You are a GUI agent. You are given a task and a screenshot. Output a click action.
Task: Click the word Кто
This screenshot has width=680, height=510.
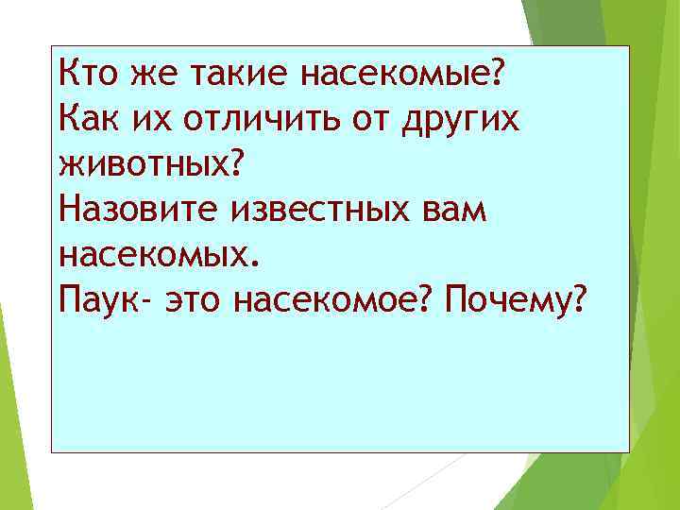click(87, 70)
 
